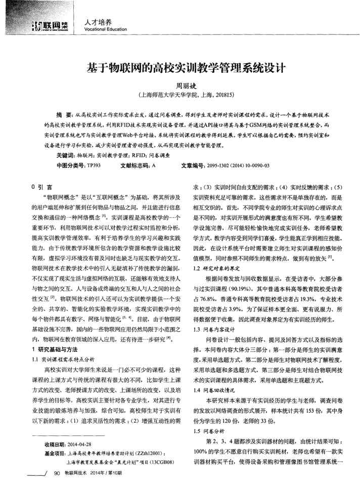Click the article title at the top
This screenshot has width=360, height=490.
181,68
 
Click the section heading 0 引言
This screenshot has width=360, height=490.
41,186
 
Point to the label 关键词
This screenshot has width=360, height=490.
65,156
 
